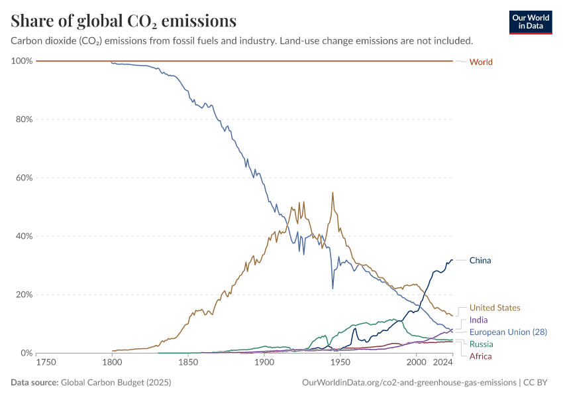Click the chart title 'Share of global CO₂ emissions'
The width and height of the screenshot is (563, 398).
[124, 21]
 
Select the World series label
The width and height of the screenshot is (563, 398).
[481, 62]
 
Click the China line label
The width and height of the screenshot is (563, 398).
[480, 260]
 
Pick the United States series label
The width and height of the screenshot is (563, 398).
[495, 308]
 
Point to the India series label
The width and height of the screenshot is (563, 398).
[478, 320]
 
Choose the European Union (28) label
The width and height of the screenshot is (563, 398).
[508, 332]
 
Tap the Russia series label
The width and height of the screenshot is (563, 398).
[482, 344]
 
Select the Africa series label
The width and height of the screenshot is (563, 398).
[480, 356]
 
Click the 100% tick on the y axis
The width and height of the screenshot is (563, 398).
[22, 61]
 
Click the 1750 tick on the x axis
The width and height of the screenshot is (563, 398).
[46, 363]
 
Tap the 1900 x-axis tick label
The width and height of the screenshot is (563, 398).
[264, 363]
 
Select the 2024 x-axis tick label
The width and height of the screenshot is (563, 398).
[442, 363]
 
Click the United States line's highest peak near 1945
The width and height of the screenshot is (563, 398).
[333, 192]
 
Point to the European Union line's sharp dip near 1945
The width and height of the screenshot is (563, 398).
[333, 288]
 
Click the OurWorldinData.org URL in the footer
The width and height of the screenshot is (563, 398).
[409, 382]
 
